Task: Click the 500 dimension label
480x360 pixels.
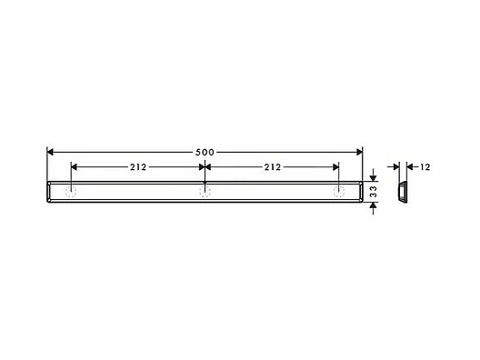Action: (x=205, y=152)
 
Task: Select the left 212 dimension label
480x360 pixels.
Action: (x=138, y=167)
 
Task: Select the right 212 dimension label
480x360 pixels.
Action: (x=273, y=167)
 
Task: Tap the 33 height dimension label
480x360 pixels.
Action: (x=374, y=192)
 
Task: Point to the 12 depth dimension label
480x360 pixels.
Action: (x=425, y=167)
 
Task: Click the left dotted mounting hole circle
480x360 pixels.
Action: (x=71, y=192)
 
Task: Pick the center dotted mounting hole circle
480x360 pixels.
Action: (x=205, y=192)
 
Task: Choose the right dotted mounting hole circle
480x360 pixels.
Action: (x=339, y=192)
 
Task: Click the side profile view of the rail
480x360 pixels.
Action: (x=402, y=192)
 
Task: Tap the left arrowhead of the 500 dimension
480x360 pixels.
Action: (x=50, y=152)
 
